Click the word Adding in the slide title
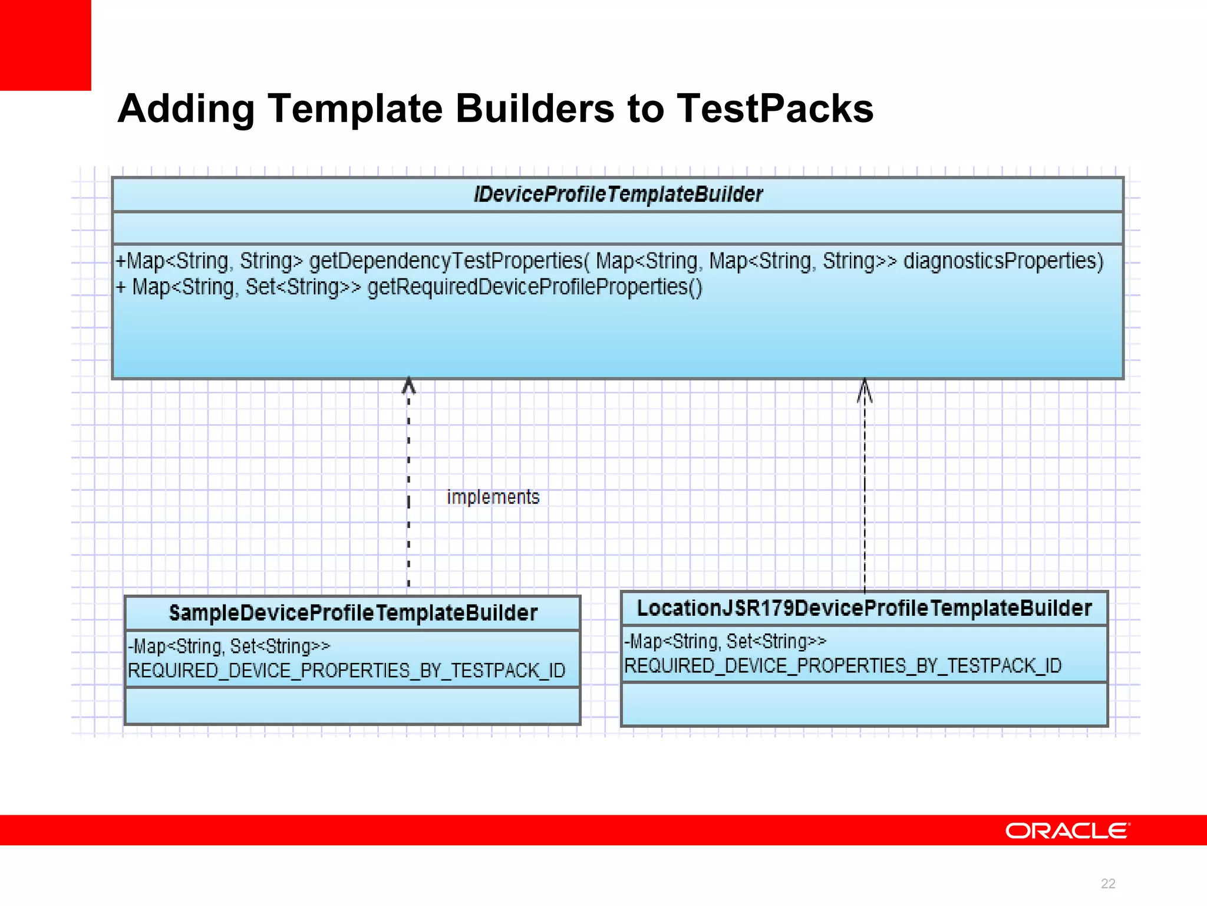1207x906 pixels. point(186,110)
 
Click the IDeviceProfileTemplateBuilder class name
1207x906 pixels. point(618,194)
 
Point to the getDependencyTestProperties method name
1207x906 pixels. point(446,261)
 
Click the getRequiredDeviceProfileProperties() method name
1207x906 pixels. point(535,287)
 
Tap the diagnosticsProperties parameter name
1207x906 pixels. point(1003,261)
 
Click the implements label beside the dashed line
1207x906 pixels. point(493,497)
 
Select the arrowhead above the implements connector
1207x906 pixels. point(408,386)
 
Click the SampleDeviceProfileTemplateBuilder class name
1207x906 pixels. point(353,613)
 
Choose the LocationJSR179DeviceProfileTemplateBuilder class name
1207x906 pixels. point(865,608)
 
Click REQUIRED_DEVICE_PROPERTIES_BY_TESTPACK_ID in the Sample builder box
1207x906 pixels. point(347,671)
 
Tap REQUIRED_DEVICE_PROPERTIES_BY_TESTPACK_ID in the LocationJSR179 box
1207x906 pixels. point(843,666)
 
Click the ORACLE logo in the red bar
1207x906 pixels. point(1067,830)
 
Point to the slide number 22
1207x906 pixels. point(1108,884)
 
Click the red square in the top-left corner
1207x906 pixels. point(45,45)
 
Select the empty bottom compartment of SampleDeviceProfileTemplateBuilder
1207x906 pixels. point(352,706)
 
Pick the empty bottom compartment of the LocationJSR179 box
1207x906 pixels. point(865,704)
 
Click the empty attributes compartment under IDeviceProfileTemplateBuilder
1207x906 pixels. point(618,228)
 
